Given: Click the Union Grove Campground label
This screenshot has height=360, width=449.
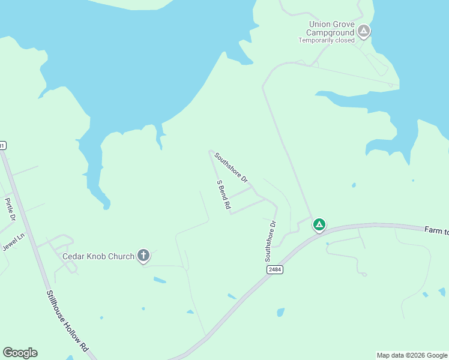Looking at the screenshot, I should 331,28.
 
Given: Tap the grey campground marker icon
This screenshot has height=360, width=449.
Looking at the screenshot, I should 363,31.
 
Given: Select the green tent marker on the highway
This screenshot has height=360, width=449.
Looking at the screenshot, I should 319,225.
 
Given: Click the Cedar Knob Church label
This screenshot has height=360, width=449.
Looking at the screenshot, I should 99,256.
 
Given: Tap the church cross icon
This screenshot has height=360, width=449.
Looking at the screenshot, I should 143,256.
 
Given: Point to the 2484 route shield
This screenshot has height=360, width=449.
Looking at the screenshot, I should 276,270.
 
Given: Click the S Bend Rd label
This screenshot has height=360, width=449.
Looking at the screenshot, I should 223,194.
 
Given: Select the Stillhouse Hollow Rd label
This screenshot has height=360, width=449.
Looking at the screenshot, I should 67,321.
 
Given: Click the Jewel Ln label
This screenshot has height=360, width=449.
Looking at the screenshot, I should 14,241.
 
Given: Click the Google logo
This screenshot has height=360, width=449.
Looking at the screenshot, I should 20,353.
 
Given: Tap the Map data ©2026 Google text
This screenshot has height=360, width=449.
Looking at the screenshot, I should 412,355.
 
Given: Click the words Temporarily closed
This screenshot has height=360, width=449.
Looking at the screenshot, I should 327,40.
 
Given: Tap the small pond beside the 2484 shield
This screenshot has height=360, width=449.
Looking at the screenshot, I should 280,312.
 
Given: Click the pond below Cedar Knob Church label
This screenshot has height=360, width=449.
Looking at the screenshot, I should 160,280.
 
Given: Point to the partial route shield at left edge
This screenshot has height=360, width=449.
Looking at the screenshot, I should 2,145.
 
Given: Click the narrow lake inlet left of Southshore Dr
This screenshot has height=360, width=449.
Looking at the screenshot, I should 160,138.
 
